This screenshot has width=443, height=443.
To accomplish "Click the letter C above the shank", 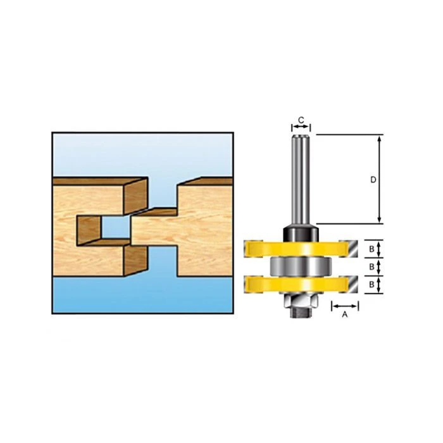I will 301,120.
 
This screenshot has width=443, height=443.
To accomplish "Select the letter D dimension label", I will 373,179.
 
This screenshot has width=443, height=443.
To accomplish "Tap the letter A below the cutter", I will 345,314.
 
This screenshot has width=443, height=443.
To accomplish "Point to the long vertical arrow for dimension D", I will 380,179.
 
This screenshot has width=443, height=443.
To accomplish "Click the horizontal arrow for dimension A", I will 345,305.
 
